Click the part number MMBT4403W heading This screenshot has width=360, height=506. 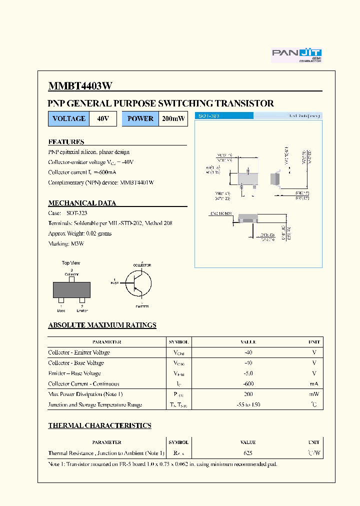[x=80, y=86]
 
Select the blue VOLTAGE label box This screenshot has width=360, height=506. [x=69, y=119]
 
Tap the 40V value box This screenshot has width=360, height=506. [x=103, y=119]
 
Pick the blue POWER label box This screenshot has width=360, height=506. [x=140, y=119]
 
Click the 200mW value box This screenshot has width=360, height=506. [x=173, y=119]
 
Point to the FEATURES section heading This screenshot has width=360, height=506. [x=66, y=142]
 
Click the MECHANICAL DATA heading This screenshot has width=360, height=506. [x=82, y=203]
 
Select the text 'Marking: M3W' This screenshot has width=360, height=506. [x=66, y=243]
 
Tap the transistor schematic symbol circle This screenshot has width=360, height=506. [x=138, y=284]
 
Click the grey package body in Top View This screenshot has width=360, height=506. [x=71, y=290]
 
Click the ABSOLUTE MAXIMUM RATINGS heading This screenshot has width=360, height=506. [x=102, y=325]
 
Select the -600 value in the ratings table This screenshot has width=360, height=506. [x=248, y=384]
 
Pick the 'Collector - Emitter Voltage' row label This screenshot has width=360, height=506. [x=79, y=352]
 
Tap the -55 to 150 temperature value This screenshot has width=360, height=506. [x=248, y=405]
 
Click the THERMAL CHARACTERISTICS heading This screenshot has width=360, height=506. [x=99, y=425]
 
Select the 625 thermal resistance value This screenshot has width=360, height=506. [x=248, y=453]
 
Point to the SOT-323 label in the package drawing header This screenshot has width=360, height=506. [x=209, y=115]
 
